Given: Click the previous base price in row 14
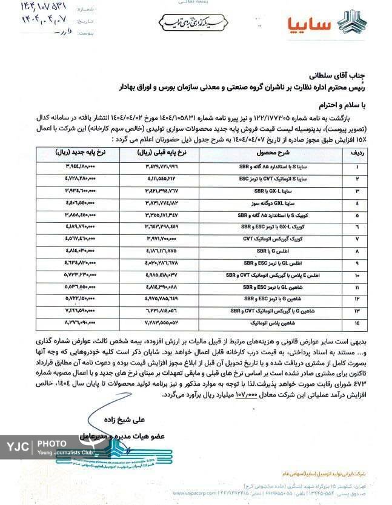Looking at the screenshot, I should click(x=154, y=323).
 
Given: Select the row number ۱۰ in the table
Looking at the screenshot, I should click(x=357, y=275).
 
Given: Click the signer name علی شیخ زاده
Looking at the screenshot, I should click(x=128, y=417).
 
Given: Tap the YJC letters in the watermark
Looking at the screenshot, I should click(x=19, y=449).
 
